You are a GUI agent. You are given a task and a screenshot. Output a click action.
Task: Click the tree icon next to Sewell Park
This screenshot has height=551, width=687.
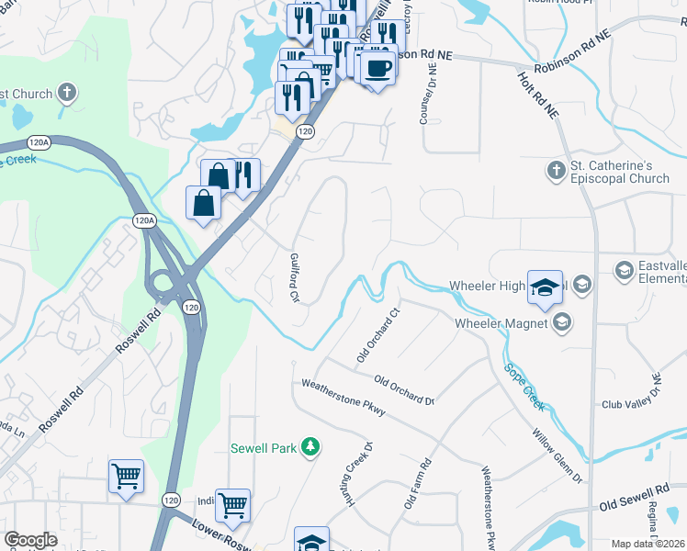coord(311,447)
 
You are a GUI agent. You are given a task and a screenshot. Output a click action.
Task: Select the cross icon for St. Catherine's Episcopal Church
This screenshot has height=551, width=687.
coord(555,171)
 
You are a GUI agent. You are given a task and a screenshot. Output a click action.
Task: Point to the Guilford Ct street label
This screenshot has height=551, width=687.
coord(295,278)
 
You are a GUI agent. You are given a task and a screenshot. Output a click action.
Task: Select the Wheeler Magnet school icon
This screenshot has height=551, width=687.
coord(561,322)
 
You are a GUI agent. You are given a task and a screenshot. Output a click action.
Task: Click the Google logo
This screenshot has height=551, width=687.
coord(30,540)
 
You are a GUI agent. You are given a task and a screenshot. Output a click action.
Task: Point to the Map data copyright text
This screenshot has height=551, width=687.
coord(648,544)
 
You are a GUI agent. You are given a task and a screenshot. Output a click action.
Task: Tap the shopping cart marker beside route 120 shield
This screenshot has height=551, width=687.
coord(232,504)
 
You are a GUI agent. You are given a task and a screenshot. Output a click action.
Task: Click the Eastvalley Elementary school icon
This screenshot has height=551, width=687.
coord(625,270)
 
